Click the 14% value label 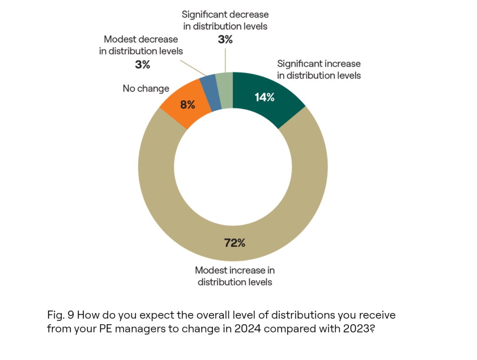[x=264, y=97]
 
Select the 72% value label [x=235, y=243]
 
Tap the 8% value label [x=189, y=105]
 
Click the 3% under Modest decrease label [x=143, y=65]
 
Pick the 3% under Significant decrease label [x=225, y=40]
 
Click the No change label [x=146, y=88]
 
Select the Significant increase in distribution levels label [x=319, y=69]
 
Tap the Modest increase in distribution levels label [x=235, y=276]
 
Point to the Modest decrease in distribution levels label [x=142, y=45]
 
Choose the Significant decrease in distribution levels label [x=225, y=20]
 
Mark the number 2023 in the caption [x=355, y=328]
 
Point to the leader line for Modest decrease [x=196, y=69]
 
